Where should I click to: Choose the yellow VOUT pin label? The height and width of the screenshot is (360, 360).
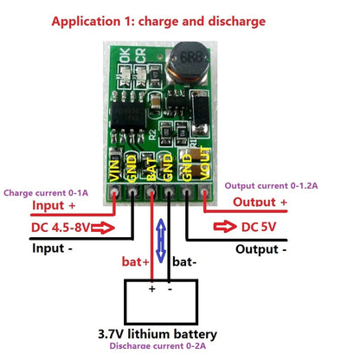tap(204, 164)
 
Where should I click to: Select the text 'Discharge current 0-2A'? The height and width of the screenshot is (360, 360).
tap(164, 347)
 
